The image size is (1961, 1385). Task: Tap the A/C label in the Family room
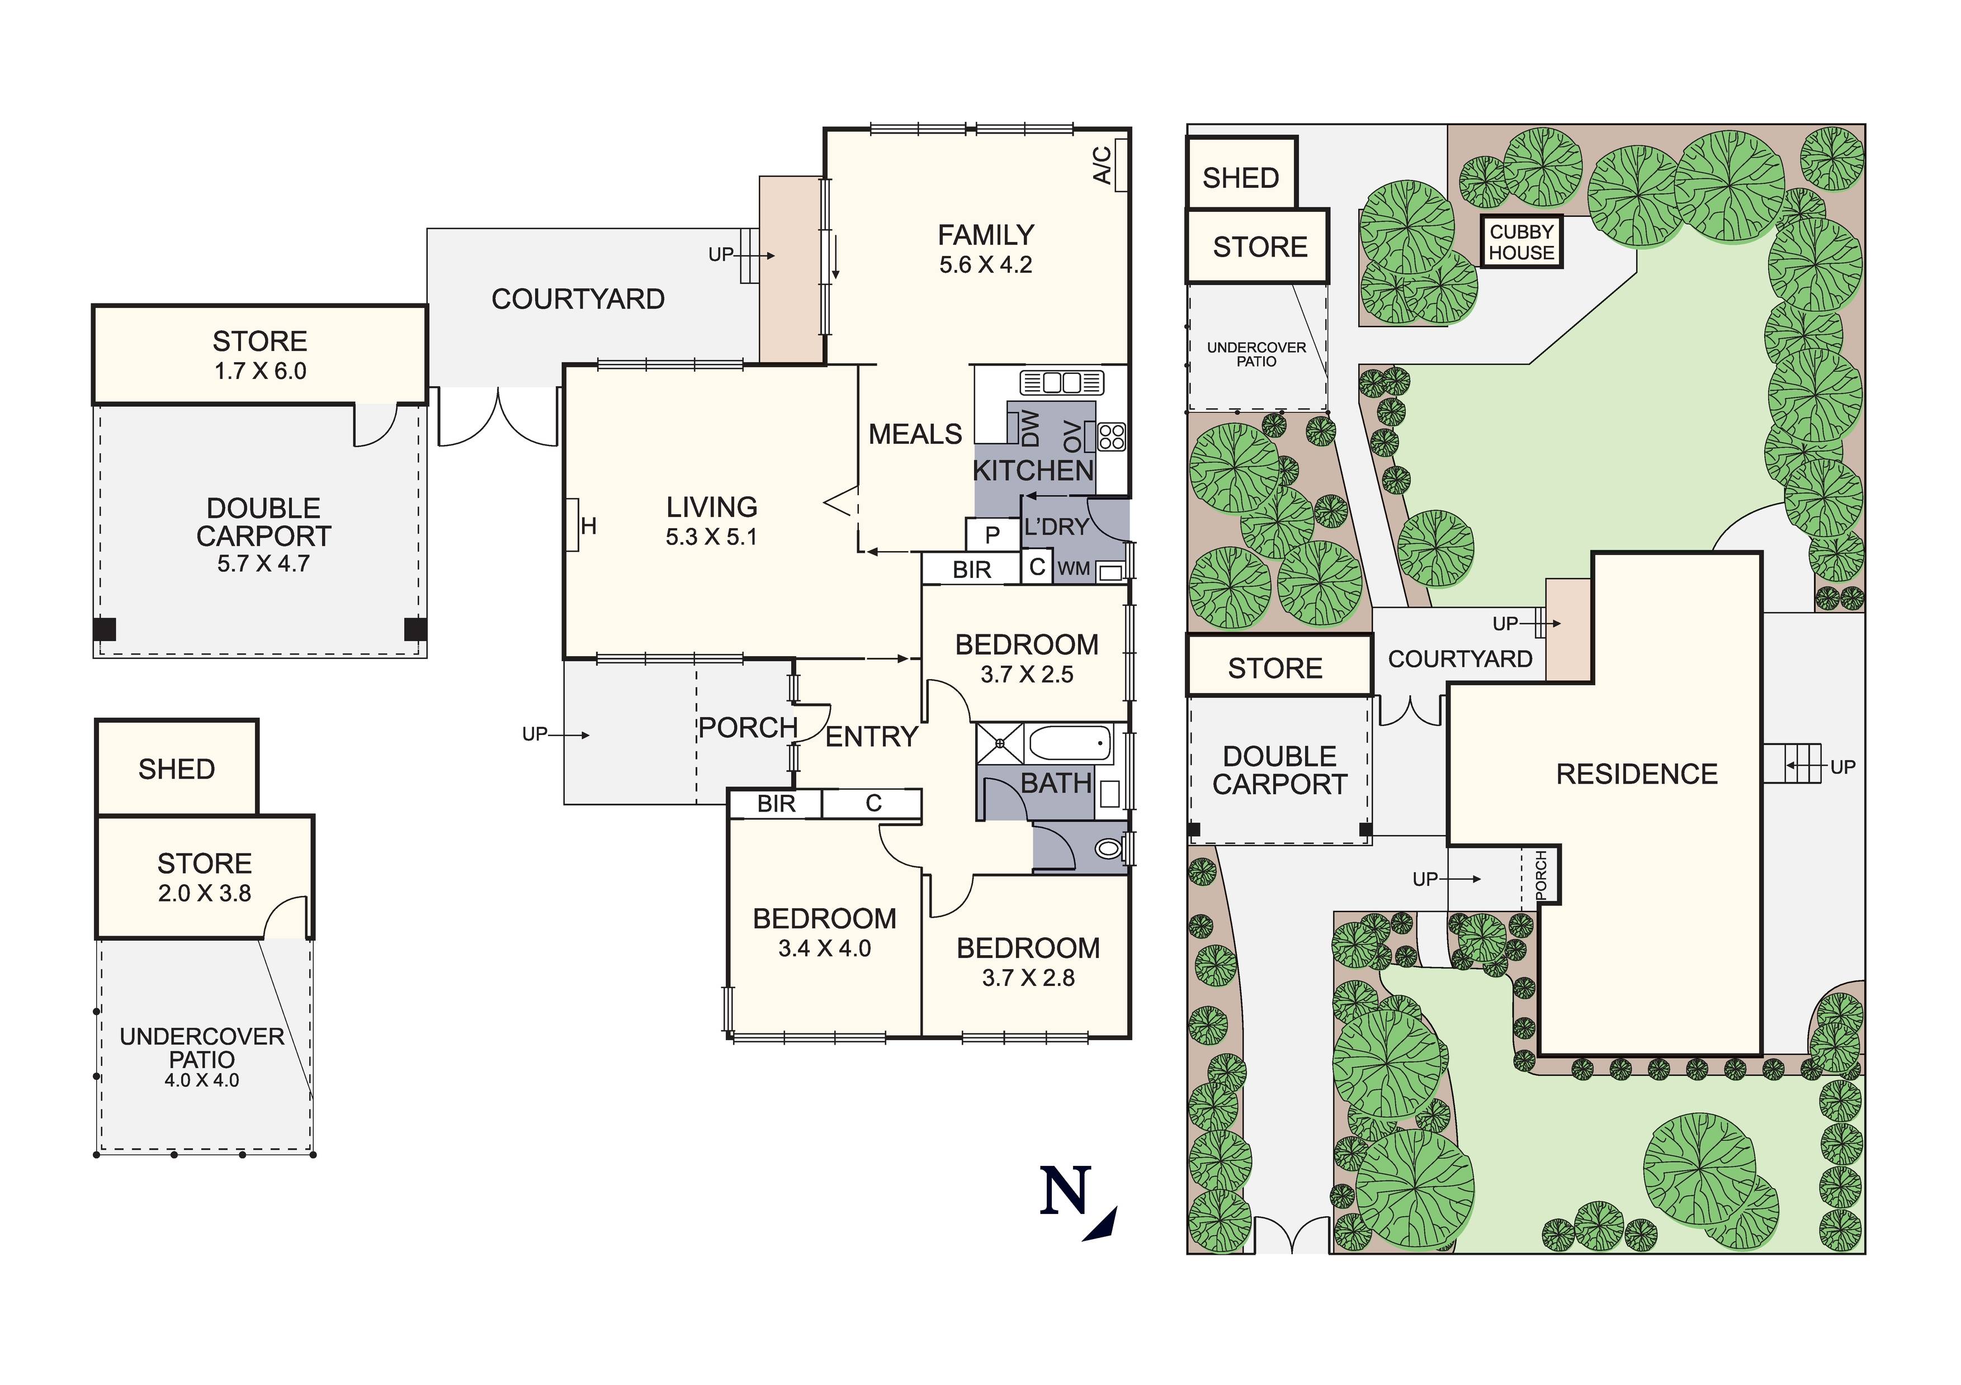pos(1103,165)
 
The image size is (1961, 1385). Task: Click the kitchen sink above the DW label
pos(1062,382)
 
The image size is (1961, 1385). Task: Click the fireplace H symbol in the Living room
pos(588,526)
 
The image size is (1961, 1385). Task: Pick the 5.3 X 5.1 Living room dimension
pos(711,537)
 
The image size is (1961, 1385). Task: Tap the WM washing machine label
pos(1074,568)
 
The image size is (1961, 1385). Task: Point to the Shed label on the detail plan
pos(177,769)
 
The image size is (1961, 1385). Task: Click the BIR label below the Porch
pos(776,804)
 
